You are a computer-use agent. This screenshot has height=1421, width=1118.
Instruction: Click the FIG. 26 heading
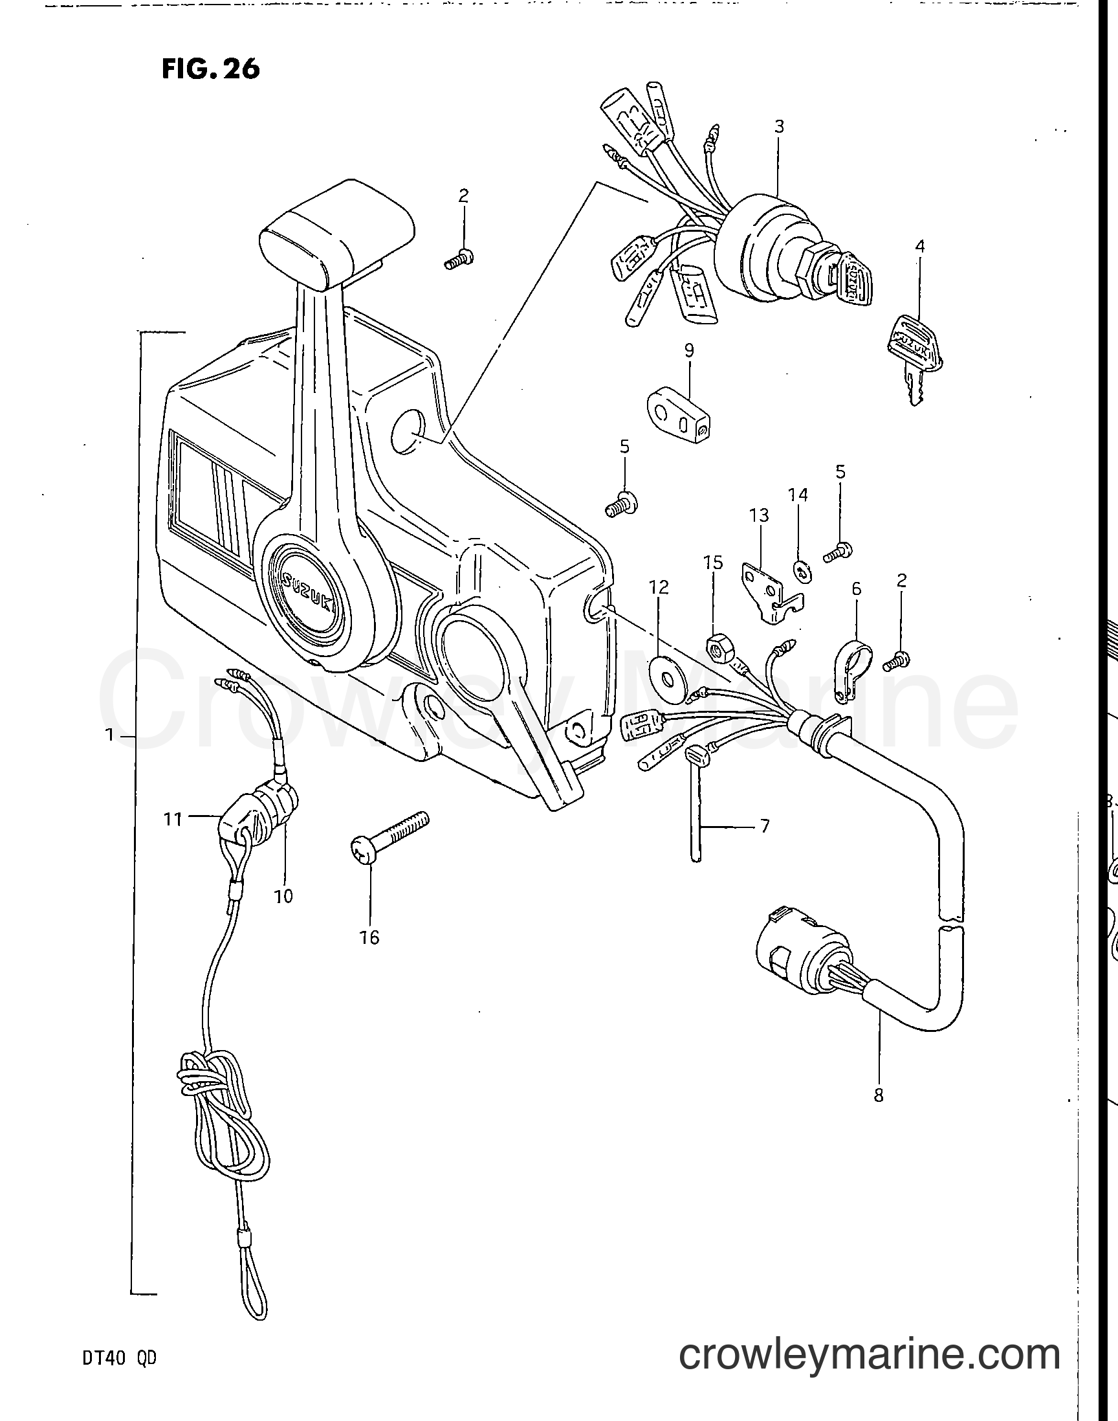click(x=211, y=68)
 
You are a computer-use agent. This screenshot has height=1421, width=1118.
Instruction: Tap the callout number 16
click(x=369, y=937)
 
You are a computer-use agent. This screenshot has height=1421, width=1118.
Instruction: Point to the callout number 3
click(x=779, y=126)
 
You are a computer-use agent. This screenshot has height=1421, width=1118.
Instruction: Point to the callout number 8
click(x=878, y=1094)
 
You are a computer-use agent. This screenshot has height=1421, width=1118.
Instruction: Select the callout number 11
click(x=172, y=818)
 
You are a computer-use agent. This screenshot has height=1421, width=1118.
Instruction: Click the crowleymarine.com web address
click(x=870, y=1356)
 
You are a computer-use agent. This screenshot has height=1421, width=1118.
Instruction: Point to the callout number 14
click(x=798, y=495)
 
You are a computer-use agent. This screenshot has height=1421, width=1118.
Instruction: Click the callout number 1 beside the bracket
click(x=111, y=735)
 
